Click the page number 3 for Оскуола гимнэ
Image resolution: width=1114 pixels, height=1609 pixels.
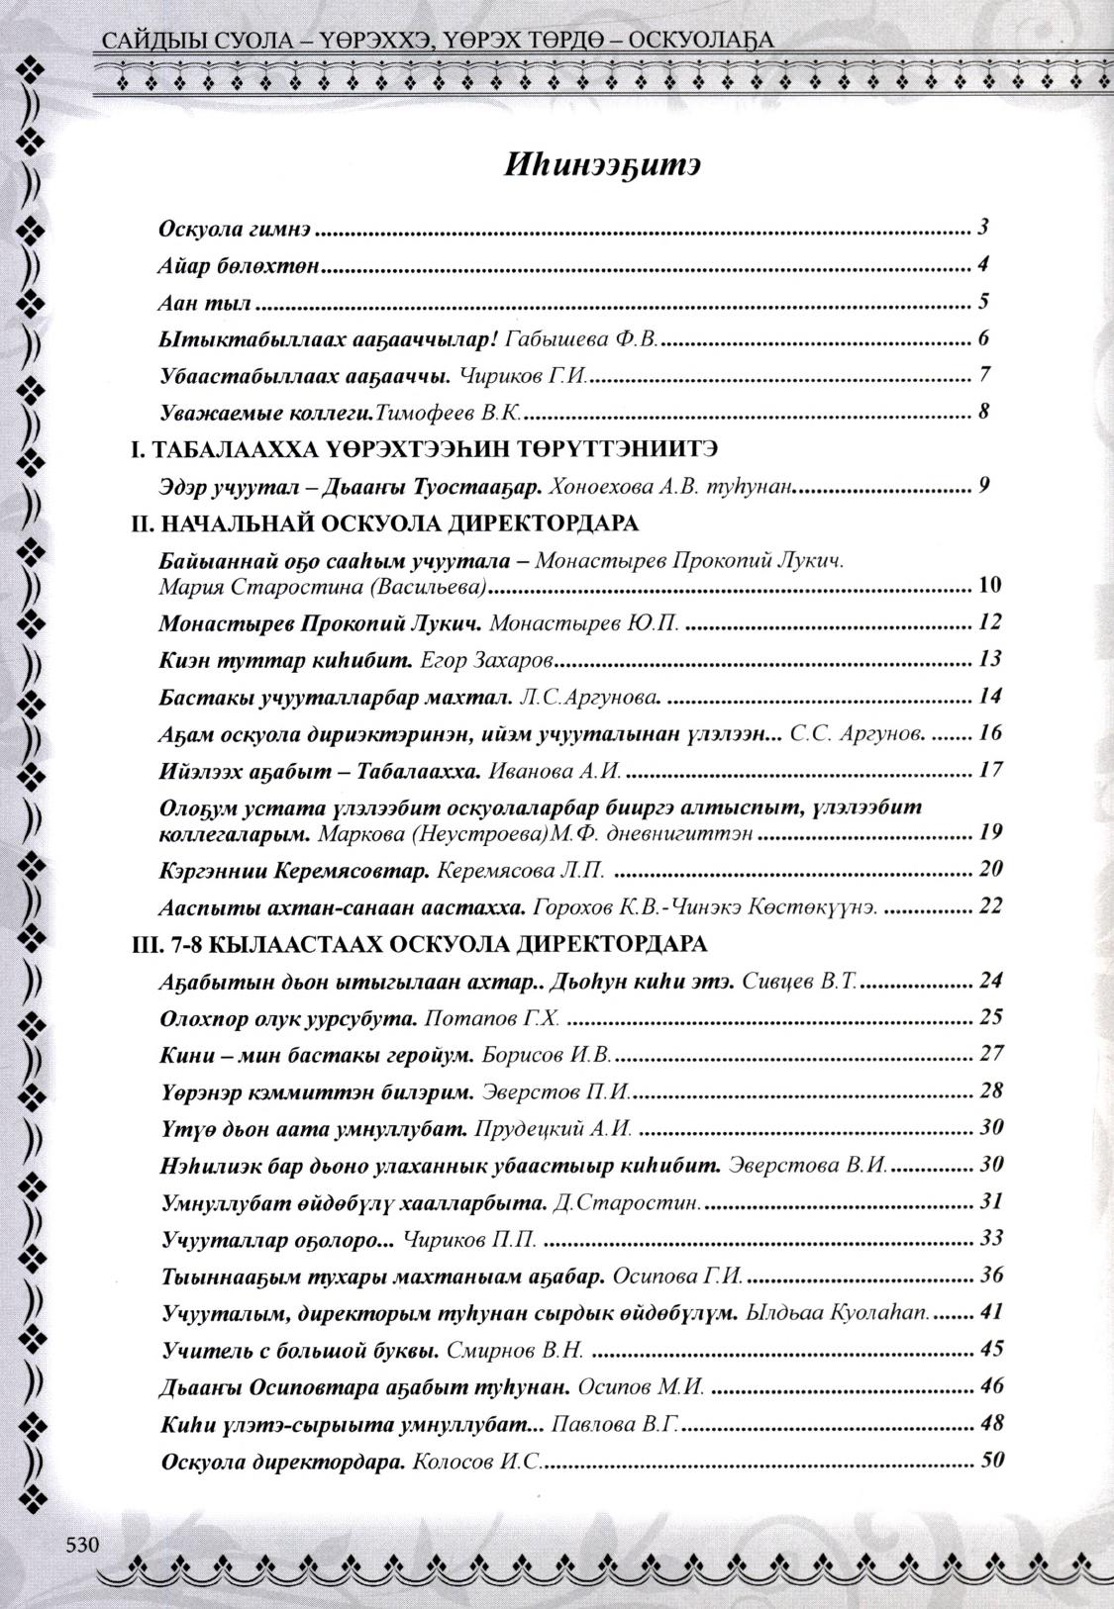coord(983,229)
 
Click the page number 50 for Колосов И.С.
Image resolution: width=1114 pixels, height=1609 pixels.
coord(991,1460)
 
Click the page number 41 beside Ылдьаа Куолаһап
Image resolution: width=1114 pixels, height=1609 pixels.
coord(991,1312)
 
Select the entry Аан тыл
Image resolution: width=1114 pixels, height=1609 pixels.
coord(205,303)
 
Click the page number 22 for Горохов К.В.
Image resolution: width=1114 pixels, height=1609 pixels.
coord(991,905)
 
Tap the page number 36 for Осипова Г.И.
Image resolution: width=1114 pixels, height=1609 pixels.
coord(991,1275)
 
